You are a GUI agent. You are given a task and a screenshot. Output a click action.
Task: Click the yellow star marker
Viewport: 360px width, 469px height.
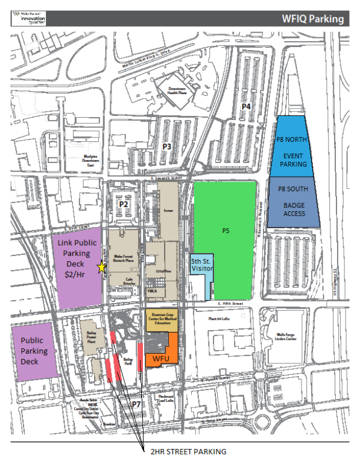tap(102, 267)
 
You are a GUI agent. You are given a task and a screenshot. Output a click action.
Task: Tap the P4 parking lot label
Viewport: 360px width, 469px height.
tap(246, 106)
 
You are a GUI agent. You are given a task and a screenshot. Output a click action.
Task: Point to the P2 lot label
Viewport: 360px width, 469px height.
tap(124, 205)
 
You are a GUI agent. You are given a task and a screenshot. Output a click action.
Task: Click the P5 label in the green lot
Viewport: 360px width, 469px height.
tap(226, 230)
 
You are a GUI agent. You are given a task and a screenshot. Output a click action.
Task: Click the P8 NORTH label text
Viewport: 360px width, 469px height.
tap(292, 139)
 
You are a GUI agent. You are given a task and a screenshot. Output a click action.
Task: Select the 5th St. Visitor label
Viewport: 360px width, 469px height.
tap(201, 266)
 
